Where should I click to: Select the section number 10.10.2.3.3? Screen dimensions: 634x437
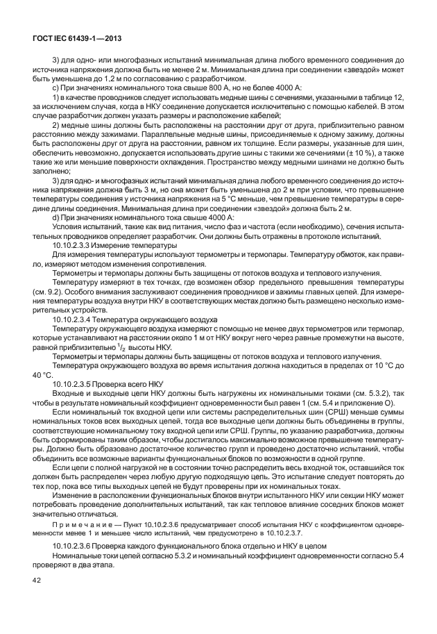pos(74,246)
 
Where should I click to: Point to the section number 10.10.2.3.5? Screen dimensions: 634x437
pos(74,383)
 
